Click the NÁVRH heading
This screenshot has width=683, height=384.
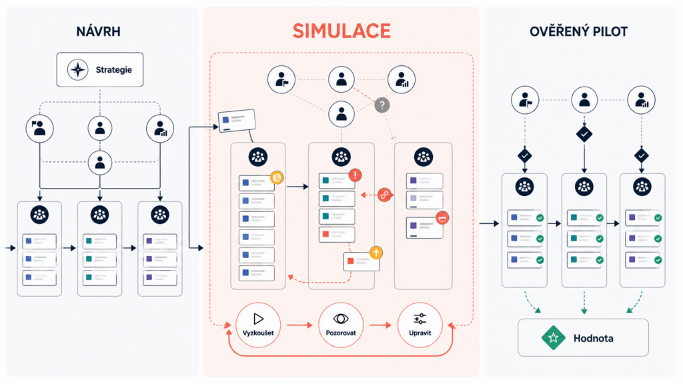pos(99,31)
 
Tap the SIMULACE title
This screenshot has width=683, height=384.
pos(341,31)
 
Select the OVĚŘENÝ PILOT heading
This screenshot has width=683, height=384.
pos(578,31)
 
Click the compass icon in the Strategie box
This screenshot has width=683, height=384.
pos(78,69)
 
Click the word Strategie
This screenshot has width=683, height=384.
pos(113,69)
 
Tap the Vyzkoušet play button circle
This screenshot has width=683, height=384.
pos(258,325)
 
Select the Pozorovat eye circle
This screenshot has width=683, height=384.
pos(341,325)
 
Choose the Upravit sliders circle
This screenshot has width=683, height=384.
pos(420,325)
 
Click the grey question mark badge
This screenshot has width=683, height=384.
pos(382,105)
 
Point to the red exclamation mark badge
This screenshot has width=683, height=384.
pos(355,175)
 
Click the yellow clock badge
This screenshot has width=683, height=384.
pos(277,177)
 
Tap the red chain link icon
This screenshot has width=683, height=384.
pos(384,195)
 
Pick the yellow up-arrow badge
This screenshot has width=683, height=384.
pos(376,253)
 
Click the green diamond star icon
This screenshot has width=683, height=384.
pos(553,337)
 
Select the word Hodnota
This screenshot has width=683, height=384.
pos(593,338)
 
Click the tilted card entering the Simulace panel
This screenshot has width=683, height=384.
pos(237,121)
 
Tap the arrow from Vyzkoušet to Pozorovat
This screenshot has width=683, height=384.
pos(299,325)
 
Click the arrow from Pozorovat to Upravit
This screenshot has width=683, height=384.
pos(380,325)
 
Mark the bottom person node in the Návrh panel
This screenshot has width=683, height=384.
pos(100,163)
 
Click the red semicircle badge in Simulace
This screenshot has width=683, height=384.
pos(442,218)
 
